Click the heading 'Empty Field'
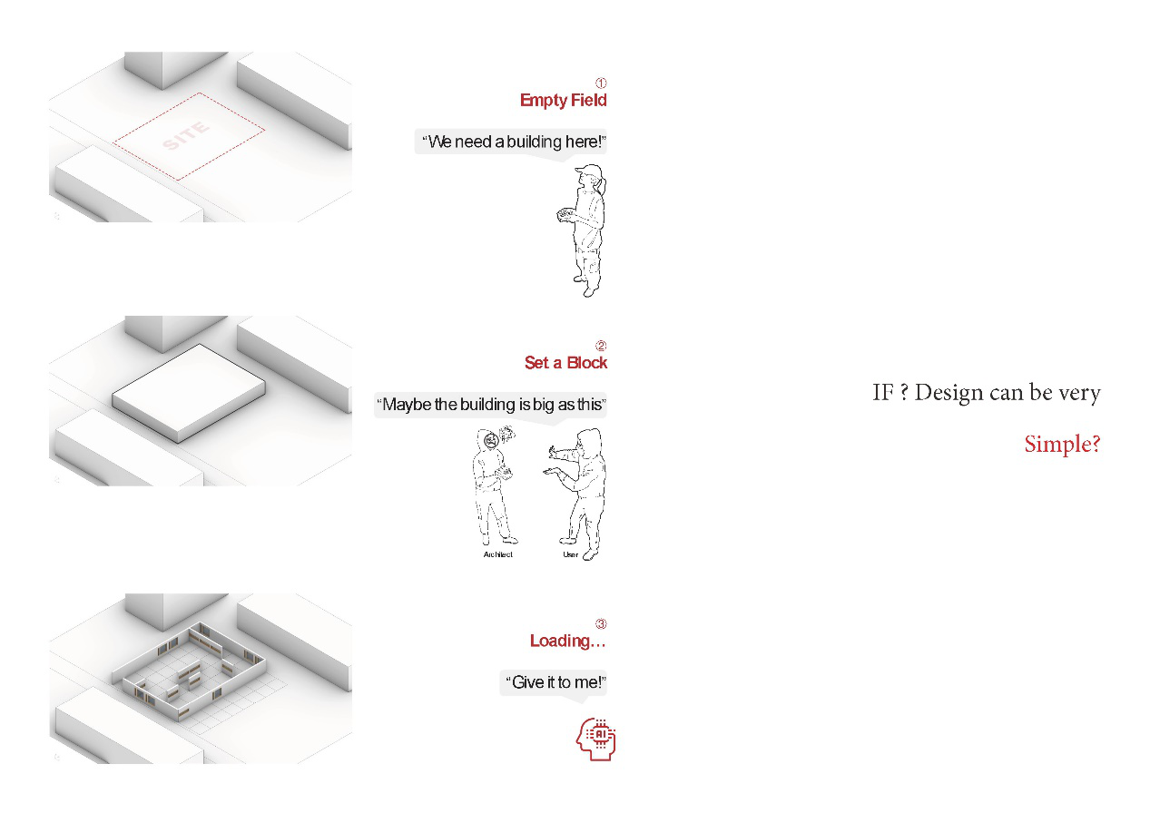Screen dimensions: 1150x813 coord(563,100)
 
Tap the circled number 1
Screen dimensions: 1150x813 coord(601,83)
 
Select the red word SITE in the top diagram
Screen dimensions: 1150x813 coord(186,136)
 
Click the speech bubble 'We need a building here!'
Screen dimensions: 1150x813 coord(511,142)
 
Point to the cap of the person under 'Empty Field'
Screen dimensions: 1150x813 coord(589,170)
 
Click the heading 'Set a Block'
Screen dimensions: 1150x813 coord(565,363)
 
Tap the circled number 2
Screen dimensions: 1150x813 coord(601,346)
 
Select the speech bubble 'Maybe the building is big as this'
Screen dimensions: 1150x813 coord(490,405)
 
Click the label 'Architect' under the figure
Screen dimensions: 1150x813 coord(498,554)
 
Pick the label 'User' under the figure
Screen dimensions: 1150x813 coord(570,554)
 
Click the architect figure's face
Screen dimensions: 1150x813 coord(491,440)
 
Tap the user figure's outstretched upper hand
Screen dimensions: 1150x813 coord(554,452)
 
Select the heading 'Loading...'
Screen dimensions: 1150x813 coord(568,642)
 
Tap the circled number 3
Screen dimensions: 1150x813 coord(601,623)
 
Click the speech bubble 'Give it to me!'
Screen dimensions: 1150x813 coord(554,682)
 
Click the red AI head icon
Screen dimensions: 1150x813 coord(595,740)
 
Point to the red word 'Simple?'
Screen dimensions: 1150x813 coord(1062,445)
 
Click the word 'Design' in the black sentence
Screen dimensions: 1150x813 coord(949,393)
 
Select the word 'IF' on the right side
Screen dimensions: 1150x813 coord(883,393)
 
